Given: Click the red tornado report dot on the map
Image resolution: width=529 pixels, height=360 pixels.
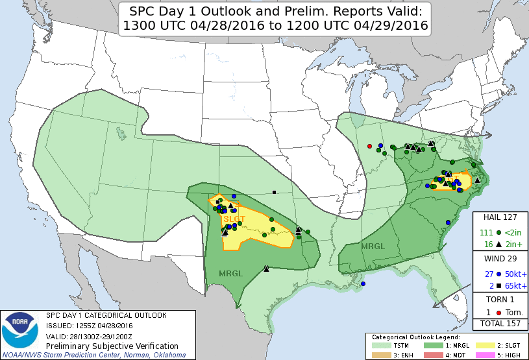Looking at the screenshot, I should pyautogui.click(x=369, y=145).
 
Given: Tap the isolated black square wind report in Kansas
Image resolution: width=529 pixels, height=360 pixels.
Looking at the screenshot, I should pyautogui.click(x=275, y=192).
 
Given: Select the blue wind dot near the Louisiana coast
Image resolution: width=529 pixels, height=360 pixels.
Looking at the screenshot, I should pyautogui.click(x=363, y=283).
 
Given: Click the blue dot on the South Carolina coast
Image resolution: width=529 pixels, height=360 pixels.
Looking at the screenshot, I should pyautogui.click(x=448, y=222).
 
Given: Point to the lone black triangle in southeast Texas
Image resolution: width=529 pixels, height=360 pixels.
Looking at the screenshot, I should pyautogui.click(x=267, y=269).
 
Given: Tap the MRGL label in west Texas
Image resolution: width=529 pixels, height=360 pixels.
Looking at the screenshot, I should pyautogui.click(x=230, y=273).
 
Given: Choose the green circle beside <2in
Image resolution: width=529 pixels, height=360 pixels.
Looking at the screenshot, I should pyautogui.click(x=498, y=232).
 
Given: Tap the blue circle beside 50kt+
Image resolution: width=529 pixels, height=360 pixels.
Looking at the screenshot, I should pyautogui.click(x=498, y=274).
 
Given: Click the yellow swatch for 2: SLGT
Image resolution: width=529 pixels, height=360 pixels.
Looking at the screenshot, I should pyautogui.click(x=484, y=346).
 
